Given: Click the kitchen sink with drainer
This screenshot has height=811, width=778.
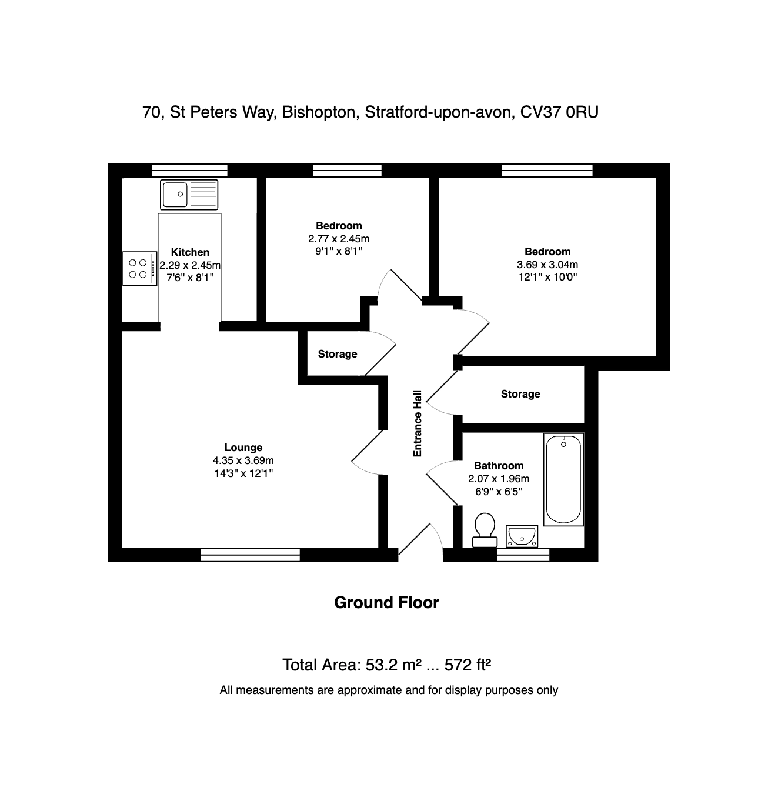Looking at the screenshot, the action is (x=189, y=194).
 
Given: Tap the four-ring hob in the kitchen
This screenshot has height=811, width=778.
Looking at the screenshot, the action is (x=140, y=268).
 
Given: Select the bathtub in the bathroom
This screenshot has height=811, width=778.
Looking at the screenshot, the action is (x=563, y=479).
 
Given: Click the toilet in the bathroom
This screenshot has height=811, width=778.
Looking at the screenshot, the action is (x=485, y=530).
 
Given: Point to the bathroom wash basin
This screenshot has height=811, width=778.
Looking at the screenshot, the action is (x=522, y=536).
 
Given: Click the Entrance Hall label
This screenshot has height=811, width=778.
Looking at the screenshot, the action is (x=417, y=423).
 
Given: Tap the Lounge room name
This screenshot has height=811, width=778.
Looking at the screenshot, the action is (x=243, y=447).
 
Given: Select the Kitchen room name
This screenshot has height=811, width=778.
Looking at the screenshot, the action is (x=190, y=252).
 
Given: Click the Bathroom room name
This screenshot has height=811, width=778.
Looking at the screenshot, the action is (x=499, y=466).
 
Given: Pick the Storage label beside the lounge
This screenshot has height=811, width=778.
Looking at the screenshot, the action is (x=338, y=354).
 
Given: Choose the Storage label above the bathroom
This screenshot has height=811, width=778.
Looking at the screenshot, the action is (x=520, y=394).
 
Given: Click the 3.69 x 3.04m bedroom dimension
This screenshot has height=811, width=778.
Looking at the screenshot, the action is (x=547, y=264).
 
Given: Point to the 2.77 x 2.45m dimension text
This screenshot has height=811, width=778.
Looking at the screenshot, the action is (x=339, y=238).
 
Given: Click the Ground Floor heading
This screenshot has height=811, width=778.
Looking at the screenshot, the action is (x=387, y=602).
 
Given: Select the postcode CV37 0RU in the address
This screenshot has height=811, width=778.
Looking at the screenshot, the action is (x=559, y=112).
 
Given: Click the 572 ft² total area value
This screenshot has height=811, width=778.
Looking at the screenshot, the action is (x=468, y=665).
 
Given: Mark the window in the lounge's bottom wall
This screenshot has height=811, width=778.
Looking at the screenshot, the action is (x=250, y=555).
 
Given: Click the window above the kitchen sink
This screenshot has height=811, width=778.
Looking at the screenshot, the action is (x=189, y=171).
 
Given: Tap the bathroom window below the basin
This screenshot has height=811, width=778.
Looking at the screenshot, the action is (x=523, y=555).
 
